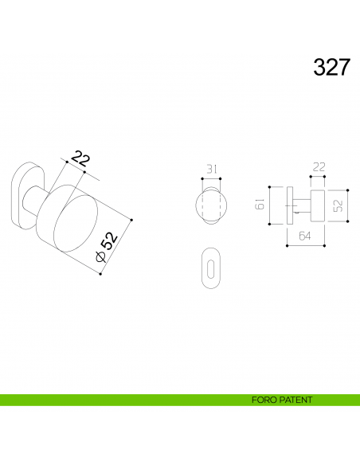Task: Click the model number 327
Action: (x=331, y=68)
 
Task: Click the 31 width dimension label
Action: (x=212, y=169)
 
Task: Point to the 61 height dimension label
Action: (x=260, y=205)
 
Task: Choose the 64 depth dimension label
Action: (x=306, y=236)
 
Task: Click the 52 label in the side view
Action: (x=338, y=205)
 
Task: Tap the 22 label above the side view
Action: (x=319, y=167)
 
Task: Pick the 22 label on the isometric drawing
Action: (x=80, y=158)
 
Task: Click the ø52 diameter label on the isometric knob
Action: (x=107, y=245)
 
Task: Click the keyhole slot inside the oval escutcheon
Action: (x=212, y=268)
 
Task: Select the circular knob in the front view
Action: (x=212, y=205)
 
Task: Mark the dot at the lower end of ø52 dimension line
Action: (x=100, y=275)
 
